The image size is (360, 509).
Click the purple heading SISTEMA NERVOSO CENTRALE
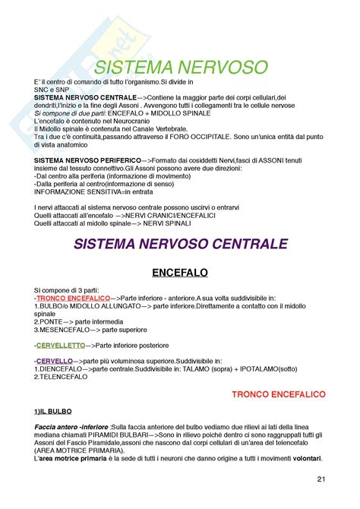point(180,244)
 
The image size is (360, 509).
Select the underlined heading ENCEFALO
point(179,272)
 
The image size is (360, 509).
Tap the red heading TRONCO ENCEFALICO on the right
point(278,394)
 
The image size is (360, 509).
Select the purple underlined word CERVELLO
point(55,361)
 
